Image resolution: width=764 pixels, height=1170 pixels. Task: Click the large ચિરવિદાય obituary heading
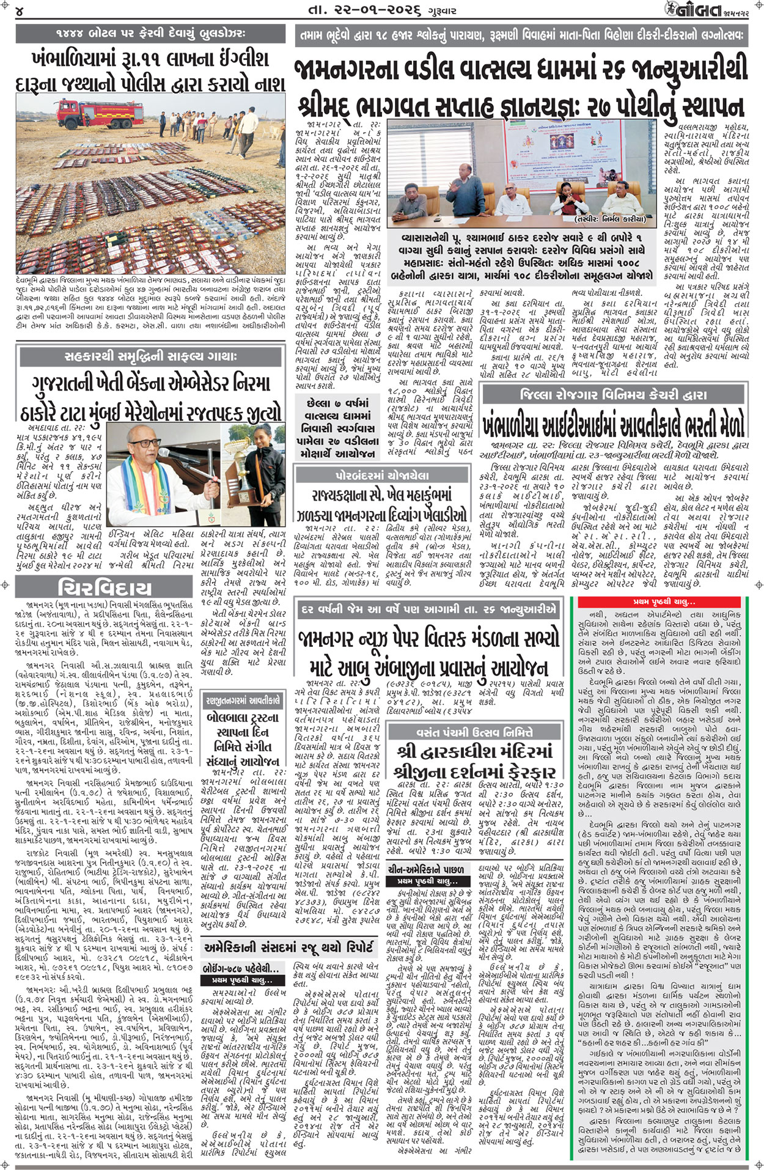pyautogui.click(x=104, y=588)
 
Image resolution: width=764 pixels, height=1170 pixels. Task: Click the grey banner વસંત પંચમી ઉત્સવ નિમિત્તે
pyautogui.click(x=477, y=732)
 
